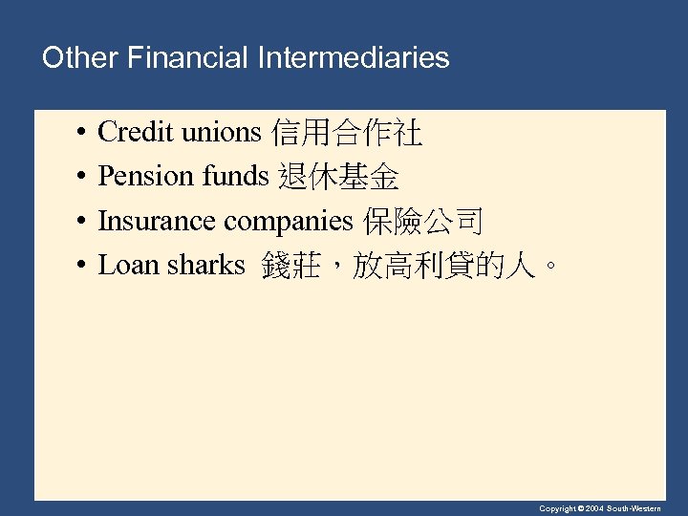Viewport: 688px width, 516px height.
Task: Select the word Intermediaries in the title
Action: point(354,58)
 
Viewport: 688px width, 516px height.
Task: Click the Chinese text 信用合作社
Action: point(347,133)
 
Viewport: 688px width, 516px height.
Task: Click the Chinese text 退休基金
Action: point(338,177)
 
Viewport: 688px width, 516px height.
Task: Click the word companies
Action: point(288,222)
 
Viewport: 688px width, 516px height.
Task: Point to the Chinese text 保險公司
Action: point(422,221)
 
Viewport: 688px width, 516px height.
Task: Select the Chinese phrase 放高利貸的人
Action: point(442,265)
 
